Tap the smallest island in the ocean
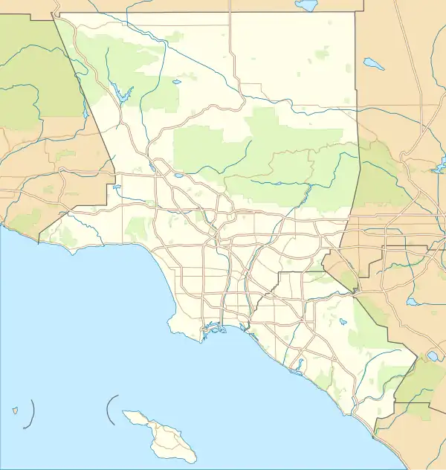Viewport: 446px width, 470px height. coord(14,409)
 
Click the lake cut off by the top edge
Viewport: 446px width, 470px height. coord(306,5)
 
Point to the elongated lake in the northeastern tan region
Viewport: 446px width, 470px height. coord(374,63)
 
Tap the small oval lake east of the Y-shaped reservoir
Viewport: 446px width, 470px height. coord(176,83)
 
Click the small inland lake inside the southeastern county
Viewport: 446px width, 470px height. coord(342,323)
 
